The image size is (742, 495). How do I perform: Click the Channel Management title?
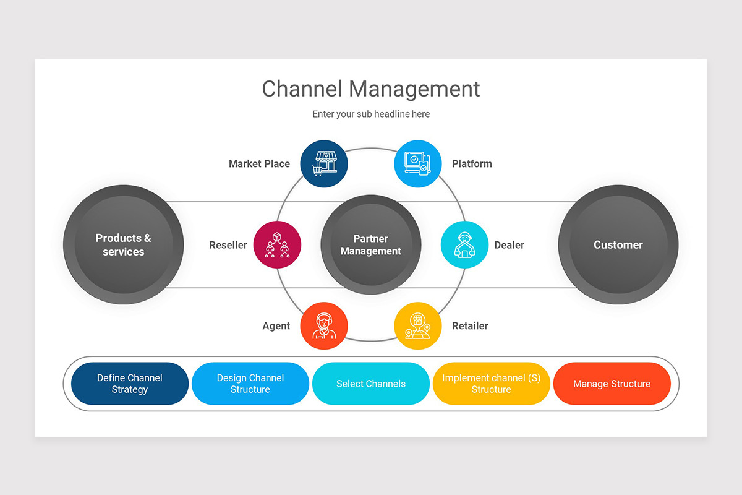370,88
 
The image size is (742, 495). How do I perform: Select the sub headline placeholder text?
370,114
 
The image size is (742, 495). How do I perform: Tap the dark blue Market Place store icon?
324,164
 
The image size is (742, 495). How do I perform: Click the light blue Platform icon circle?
418,164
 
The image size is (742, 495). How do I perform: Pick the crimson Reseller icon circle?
277,245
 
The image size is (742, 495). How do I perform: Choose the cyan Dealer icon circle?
464,245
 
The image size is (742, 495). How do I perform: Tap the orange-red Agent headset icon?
324,326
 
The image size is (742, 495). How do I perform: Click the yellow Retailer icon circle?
418,326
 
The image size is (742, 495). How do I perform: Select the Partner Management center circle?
371,245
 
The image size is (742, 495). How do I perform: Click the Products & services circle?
124,245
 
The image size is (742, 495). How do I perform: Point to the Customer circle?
618,245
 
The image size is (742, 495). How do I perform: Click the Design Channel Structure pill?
250,384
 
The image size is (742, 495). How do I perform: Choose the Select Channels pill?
371,384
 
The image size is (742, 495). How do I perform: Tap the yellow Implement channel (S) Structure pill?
492,384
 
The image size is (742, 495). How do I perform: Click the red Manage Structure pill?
612,384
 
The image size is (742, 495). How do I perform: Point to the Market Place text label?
259,164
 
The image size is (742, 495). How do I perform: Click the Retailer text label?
470,326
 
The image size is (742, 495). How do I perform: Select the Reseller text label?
228,245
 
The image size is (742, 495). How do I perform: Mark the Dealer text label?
509,245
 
